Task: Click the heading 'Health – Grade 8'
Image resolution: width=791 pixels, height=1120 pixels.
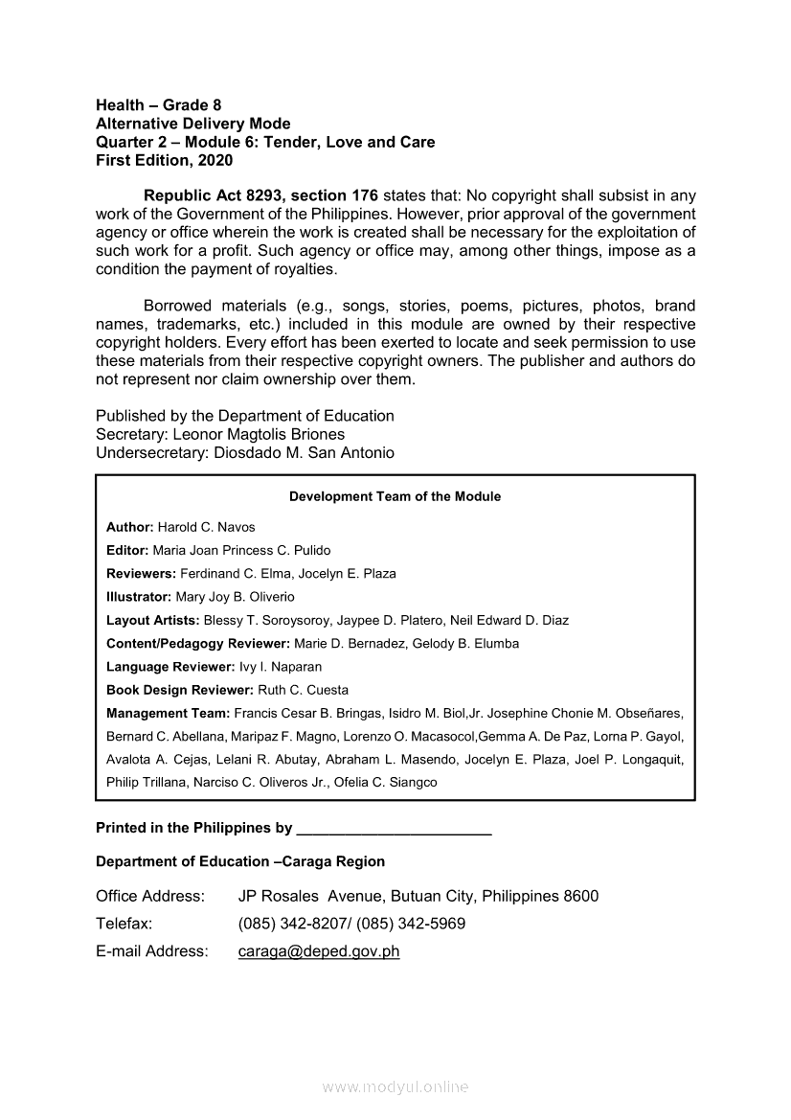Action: (158, 105)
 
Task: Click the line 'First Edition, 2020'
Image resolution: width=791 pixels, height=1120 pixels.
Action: (164, 160)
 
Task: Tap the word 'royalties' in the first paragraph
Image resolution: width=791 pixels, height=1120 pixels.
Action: (305, 269)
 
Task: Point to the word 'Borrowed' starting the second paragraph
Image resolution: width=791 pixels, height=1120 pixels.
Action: (181, 307)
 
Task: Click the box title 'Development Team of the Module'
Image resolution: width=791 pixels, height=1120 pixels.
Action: (395, 496)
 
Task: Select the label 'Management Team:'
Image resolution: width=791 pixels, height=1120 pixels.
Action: (168, 713)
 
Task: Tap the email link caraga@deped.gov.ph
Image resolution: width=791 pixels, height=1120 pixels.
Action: (318, 951)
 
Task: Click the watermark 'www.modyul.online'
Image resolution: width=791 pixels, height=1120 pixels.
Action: (395, 1086)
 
